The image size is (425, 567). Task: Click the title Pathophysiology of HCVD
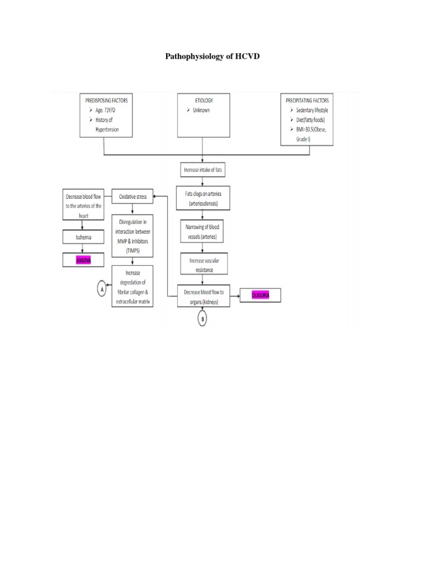[x=212, y=56]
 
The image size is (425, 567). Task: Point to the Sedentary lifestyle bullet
[x=311, y=110]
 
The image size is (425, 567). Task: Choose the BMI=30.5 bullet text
[x=311, y=129]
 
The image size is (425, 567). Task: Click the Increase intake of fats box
[x=204, y=169]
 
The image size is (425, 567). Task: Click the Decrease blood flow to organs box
[x=204, y=296]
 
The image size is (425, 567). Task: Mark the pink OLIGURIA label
[x=260, y=296]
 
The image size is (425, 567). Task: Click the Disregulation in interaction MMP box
[x=132, y=234]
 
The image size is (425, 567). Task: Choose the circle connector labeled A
[x=101, y=288]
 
